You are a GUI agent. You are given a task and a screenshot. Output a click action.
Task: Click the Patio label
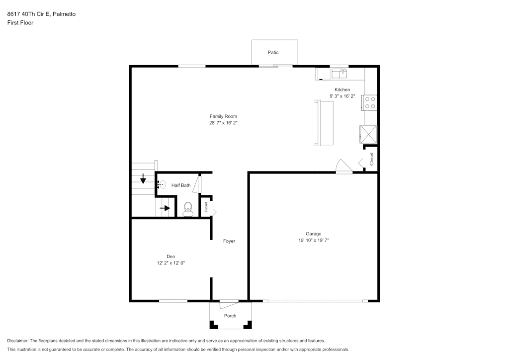pos(273,52)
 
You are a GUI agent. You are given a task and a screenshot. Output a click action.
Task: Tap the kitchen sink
pos(339,74)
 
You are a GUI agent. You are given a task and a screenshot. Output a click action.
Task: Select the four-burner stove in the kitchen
pos(370,102)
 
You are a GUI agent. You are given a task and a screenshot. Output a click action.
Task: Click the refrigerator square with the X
pos(368,134)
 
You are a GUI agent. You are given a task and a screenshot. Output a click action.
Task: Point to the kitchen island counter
pos(324,123)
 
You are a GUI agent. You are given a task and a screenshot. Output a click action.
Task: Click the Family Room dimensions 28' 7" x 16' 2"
pos(223,123)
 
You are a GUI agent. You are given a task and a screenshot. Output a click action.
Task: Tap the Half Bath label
pos(181,185)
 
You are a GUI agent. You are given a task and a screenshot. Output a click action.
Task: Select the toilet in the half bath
pos(187,209)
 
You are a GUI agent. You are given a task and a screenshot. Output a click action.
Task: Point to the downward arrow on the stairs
pos(143,179)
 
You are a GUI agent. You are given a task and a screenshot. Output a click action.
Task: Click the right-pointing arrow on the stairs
pos(165,208)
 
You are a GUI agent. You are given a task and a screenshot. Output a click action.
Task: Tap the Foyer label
pos(229,241)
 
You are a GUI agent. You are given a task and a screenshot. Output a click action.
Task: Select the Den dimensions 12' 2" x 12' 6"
pos(171,263)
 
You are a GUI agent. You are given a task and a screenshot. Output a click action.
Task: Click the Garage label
pos(313,234)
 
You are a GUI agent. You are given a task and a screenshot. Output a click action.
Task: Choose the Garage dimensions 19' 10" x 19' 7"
pos(314,240)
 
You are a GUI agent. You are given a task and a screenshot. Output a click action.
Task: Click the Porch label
pos(230,316)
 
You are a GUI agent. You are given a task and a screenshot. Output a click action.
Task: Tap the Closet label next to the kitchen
pos(372,159)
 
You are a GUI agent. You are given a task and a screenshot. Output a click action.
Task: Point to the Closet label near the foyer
pos(206,207)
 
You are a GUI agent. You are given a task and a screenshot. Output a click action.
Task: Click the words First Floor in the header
pos(20,23)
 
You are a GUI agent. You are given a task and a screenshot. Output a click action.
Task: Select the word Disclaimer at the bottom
pos(18,341)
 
